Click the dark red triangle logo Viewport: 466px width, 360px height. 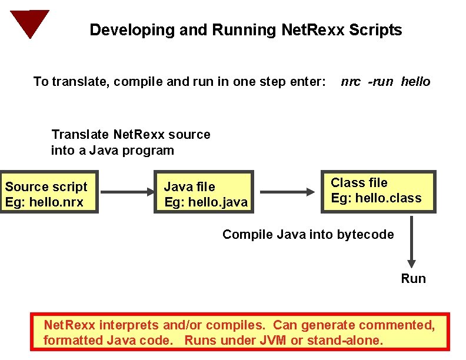(x=29, y=22)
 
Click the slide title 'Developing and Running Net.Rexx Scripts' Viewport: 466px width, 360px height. (x=245, y=30)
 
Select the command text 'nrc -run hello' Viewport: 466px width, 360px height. (x=385, y=82)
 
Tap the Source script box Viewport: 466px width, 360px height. (x=49, y=195)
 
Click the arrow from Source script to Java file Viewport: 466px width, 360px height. (x=127, y=191)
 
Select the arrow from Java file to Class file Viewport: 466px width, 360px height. (x=287, y=192)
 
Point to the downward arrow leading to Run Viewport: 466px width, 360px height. (x=412, y=242)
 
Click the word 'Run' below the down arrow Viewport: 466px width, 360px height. (x=413, y=279)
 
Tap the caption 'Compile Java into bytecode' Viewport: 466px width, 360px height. (x=308, y=235)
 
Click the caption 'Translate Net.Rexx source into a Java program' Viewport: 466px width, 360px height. (x=130, y=142)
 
